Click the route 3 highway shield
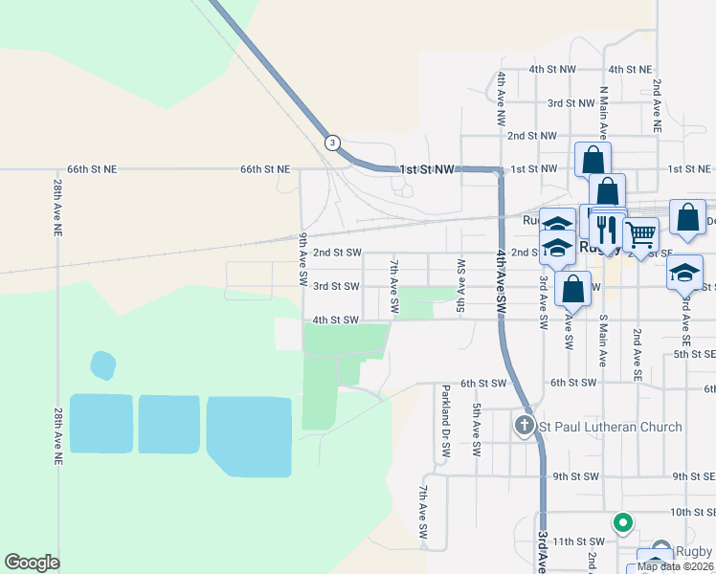(x=331, y=143)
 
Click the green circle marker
(x=622, y=522)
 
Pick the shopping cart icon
(x=640, y=232)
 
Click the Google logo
(x=32, y=563)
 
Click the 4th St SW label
(x=336, y=320)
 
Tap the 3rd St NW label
(x=571, y=102)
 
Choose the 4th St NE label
(x=630, y=69)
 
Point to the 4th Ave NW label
(x=501, y=99)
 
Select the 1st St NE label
(x=688, y=168)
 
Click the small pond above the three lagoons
(x=102, y=364)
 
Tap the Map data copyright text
(x=675, y=565)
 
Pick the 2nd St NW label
(x=531, y=136)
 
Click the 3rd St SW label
(x=336, y=286)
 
